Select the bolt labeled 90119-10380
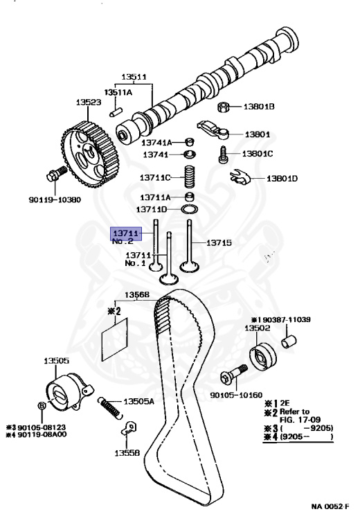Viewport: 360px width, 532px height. coord(55,176)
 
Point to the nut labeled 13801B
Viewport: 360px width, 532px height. coord(225,107)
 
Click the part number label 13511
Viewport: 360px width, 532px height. coord(135,77)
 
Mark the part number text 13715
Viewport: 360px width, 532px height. coord(219,243)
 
